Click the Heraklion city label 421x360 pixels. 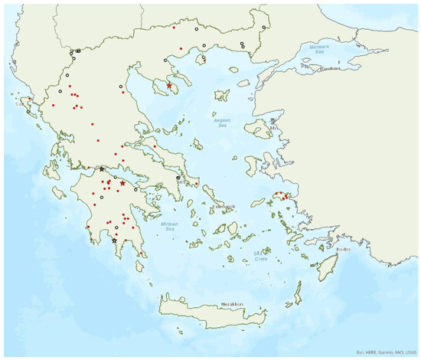coord(232,304)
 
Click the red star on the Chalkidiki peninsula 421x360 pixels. coord(170,86)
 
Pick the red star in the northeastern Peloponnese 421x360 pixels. coord(122,183)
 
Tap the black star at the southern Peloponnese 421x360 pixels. coord(115,241)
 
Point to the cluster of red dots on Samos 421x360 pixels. coord(286,197)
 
